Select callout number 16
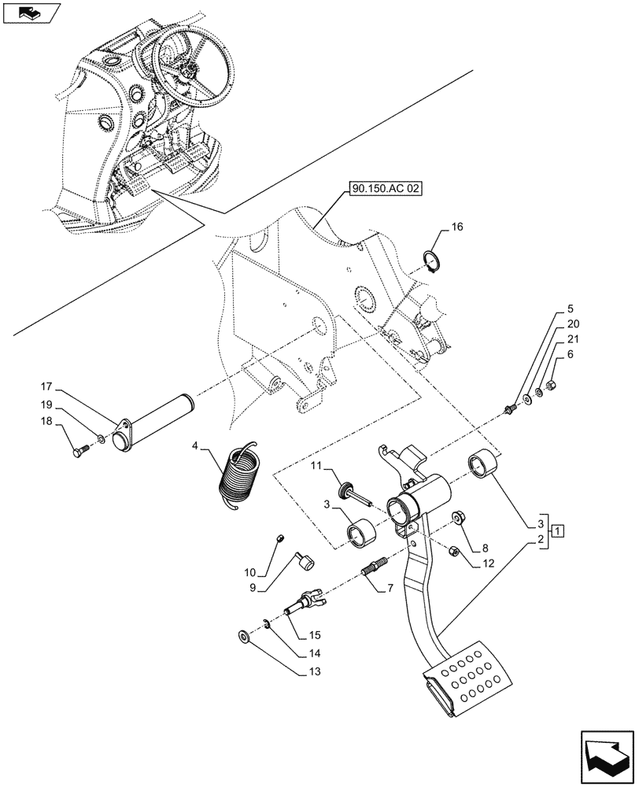click(456, 227)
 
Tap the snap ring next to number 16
click(431, 260)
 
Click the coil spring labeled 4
click(241, 475)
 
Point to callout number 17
click(46, 386)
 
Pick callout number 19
click(46, 405)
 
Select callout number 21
click(573, 338)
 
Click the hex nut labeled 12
click(454, 552)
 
